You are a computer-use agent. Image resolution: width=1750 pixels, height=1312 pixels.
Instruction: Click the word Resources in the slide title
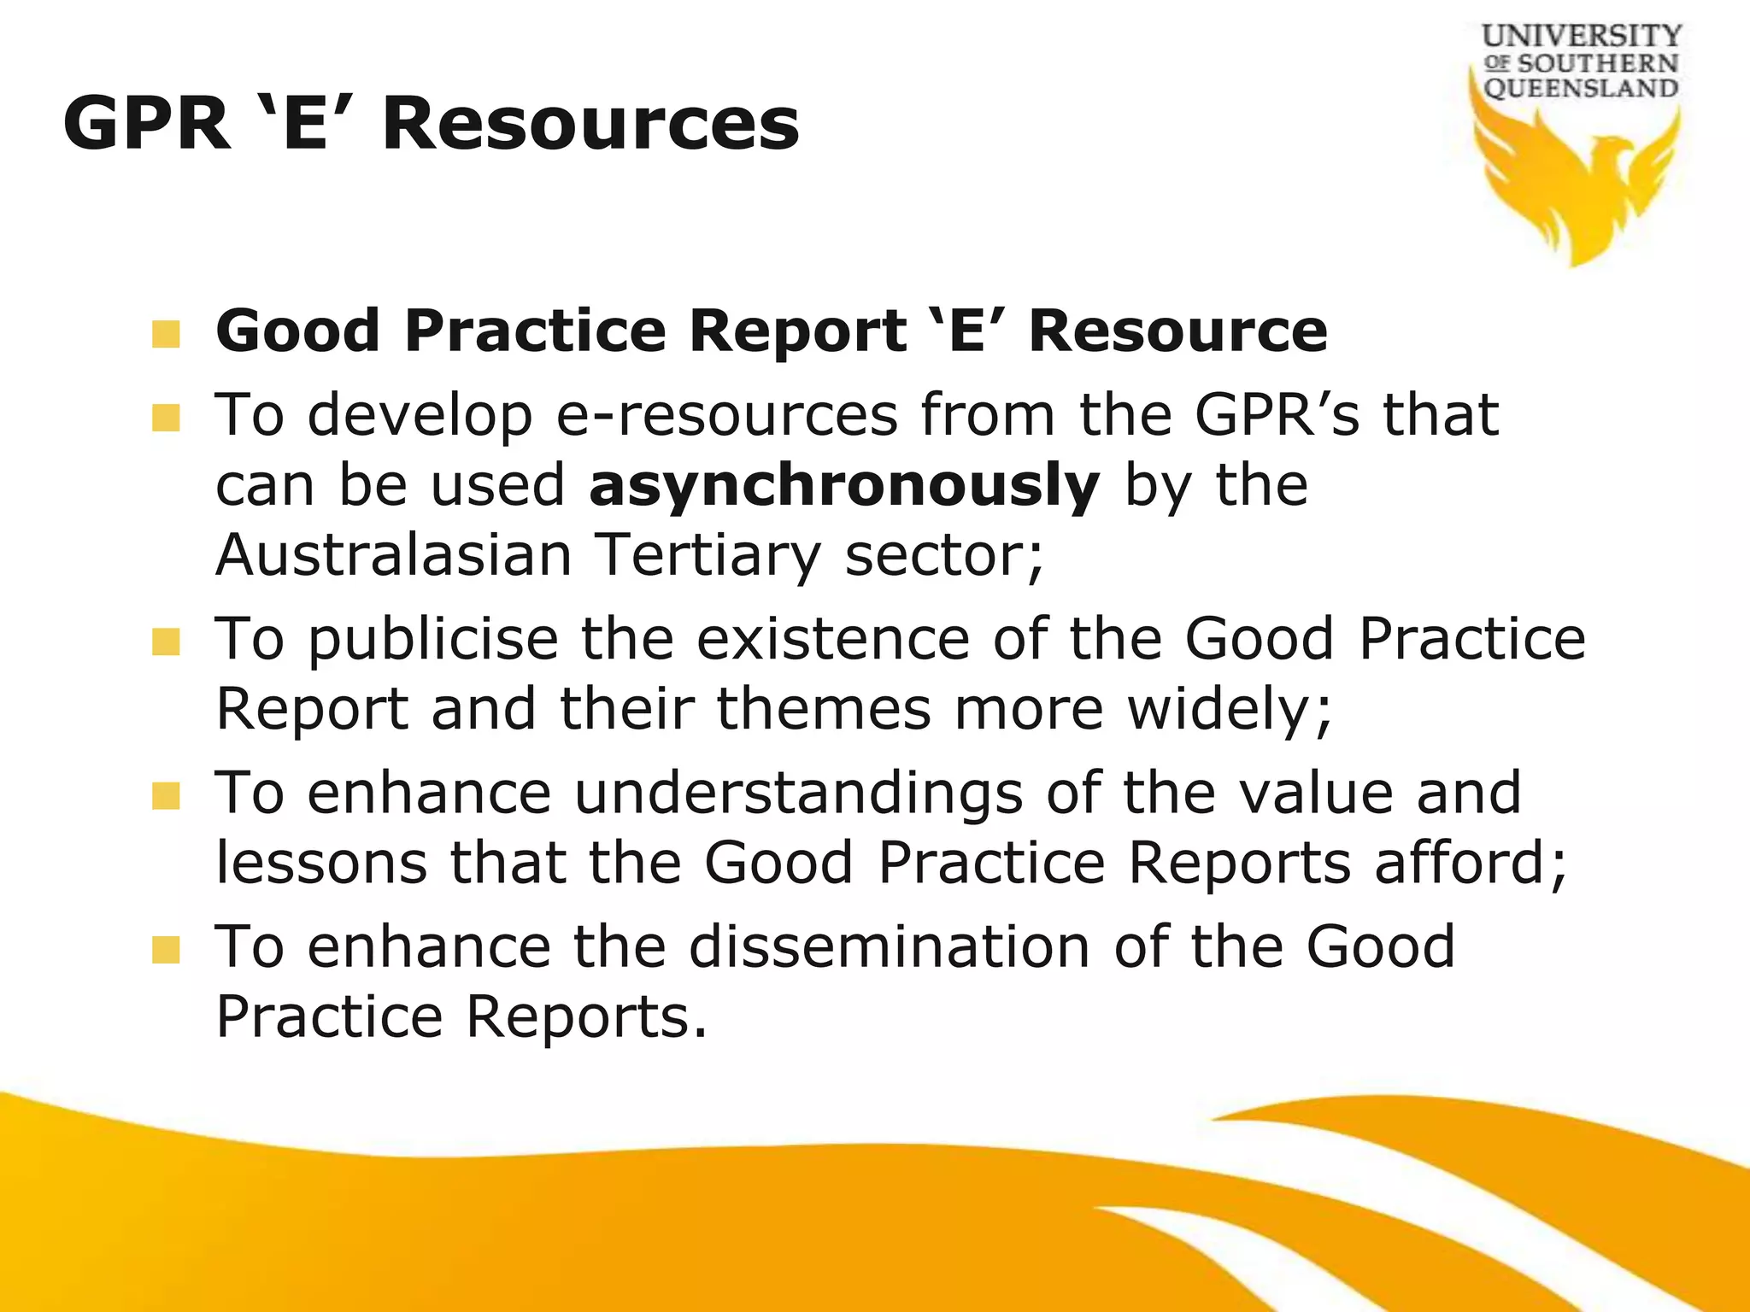point(590,125)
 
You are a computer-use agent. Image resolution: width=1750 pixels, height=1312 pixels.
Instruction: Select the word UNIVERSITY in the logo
point(1582,37)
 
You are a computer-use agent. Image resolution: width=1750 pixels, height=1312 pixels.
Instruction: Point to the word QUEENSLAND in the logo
point(1581,88)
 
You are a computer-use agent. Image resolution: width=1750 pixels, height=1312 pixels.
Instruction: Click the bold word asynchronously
point(844,485)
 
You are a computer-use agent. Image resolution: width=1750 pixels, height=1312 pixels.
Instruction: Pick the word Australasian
point(394,555)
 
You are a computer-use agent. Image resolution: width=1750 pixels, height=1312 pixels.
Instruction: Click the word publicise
point(433,640)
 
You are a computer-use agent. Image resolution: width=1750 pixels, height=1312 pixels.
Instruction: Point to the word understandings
point(798,794)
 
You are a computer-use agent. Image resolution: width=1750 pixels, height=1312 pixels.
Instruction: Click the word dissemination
point(890,947)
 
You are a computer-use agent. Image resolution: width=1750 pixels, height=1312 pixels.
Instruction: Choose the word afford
point(1469,863)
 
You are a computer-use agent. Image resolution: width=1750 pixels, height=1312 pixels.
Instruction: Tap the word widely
point(1229,710)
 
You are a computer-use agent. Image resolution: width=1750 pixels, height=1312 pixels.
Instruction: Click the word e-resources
point(726,416)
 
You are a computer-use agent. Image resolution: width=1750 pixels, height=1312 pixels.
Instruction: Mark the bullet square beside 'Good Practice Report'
point(166,334)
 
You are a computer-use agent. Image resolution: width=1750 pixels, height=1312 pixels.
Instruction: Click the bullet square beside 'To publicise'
point(166,642)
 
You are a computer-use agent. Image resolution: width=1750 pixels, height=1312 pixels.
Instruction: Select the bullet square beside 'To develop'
point(166,419)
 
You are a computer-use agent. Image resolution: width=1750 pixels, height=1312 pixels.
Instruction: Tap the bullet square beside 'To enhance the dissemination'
point(166,950)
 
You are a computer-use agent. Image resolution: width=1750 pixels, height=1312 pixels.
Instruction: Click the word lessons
point(321,863)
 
